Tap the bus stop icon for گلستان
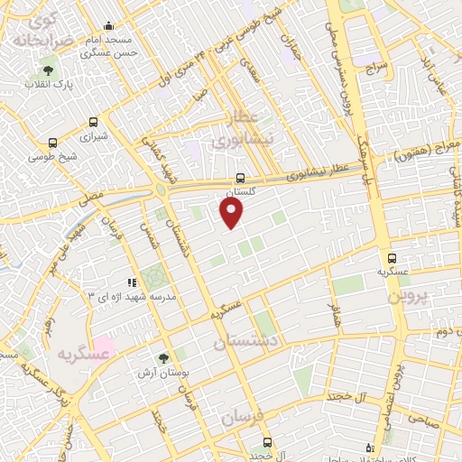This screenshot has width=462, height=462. click(x=239, y=178)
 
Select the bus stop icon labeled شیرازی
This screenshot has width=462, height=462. click(x=94, y=122)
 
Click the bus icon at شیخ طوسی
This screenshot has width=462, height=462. click(x=52, y=143)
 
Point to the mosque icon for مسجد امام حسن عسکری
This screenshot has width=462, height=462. click(x=108, y=26)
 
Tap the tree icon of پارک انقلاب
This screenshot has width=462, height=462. click(x=47, y=70)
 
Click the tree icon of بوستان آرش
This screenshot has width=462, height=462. click(x=163, y=358)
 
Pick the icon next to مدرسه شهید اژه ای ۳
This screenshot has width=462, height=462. click(x=132, y=282)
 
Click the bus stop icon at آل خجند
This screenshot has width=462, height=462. click(x=266, y=442)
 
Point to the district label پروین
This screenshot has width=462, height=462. click(x=411, y=295)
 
